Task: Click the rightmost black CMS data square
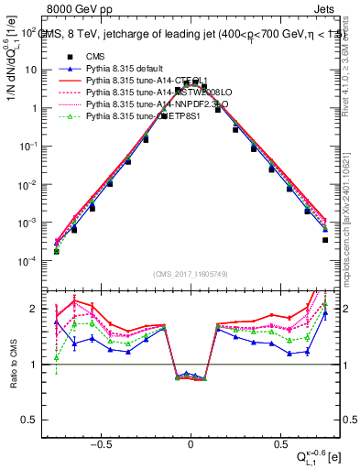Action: pyautogui.click(x=325, y=240)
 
